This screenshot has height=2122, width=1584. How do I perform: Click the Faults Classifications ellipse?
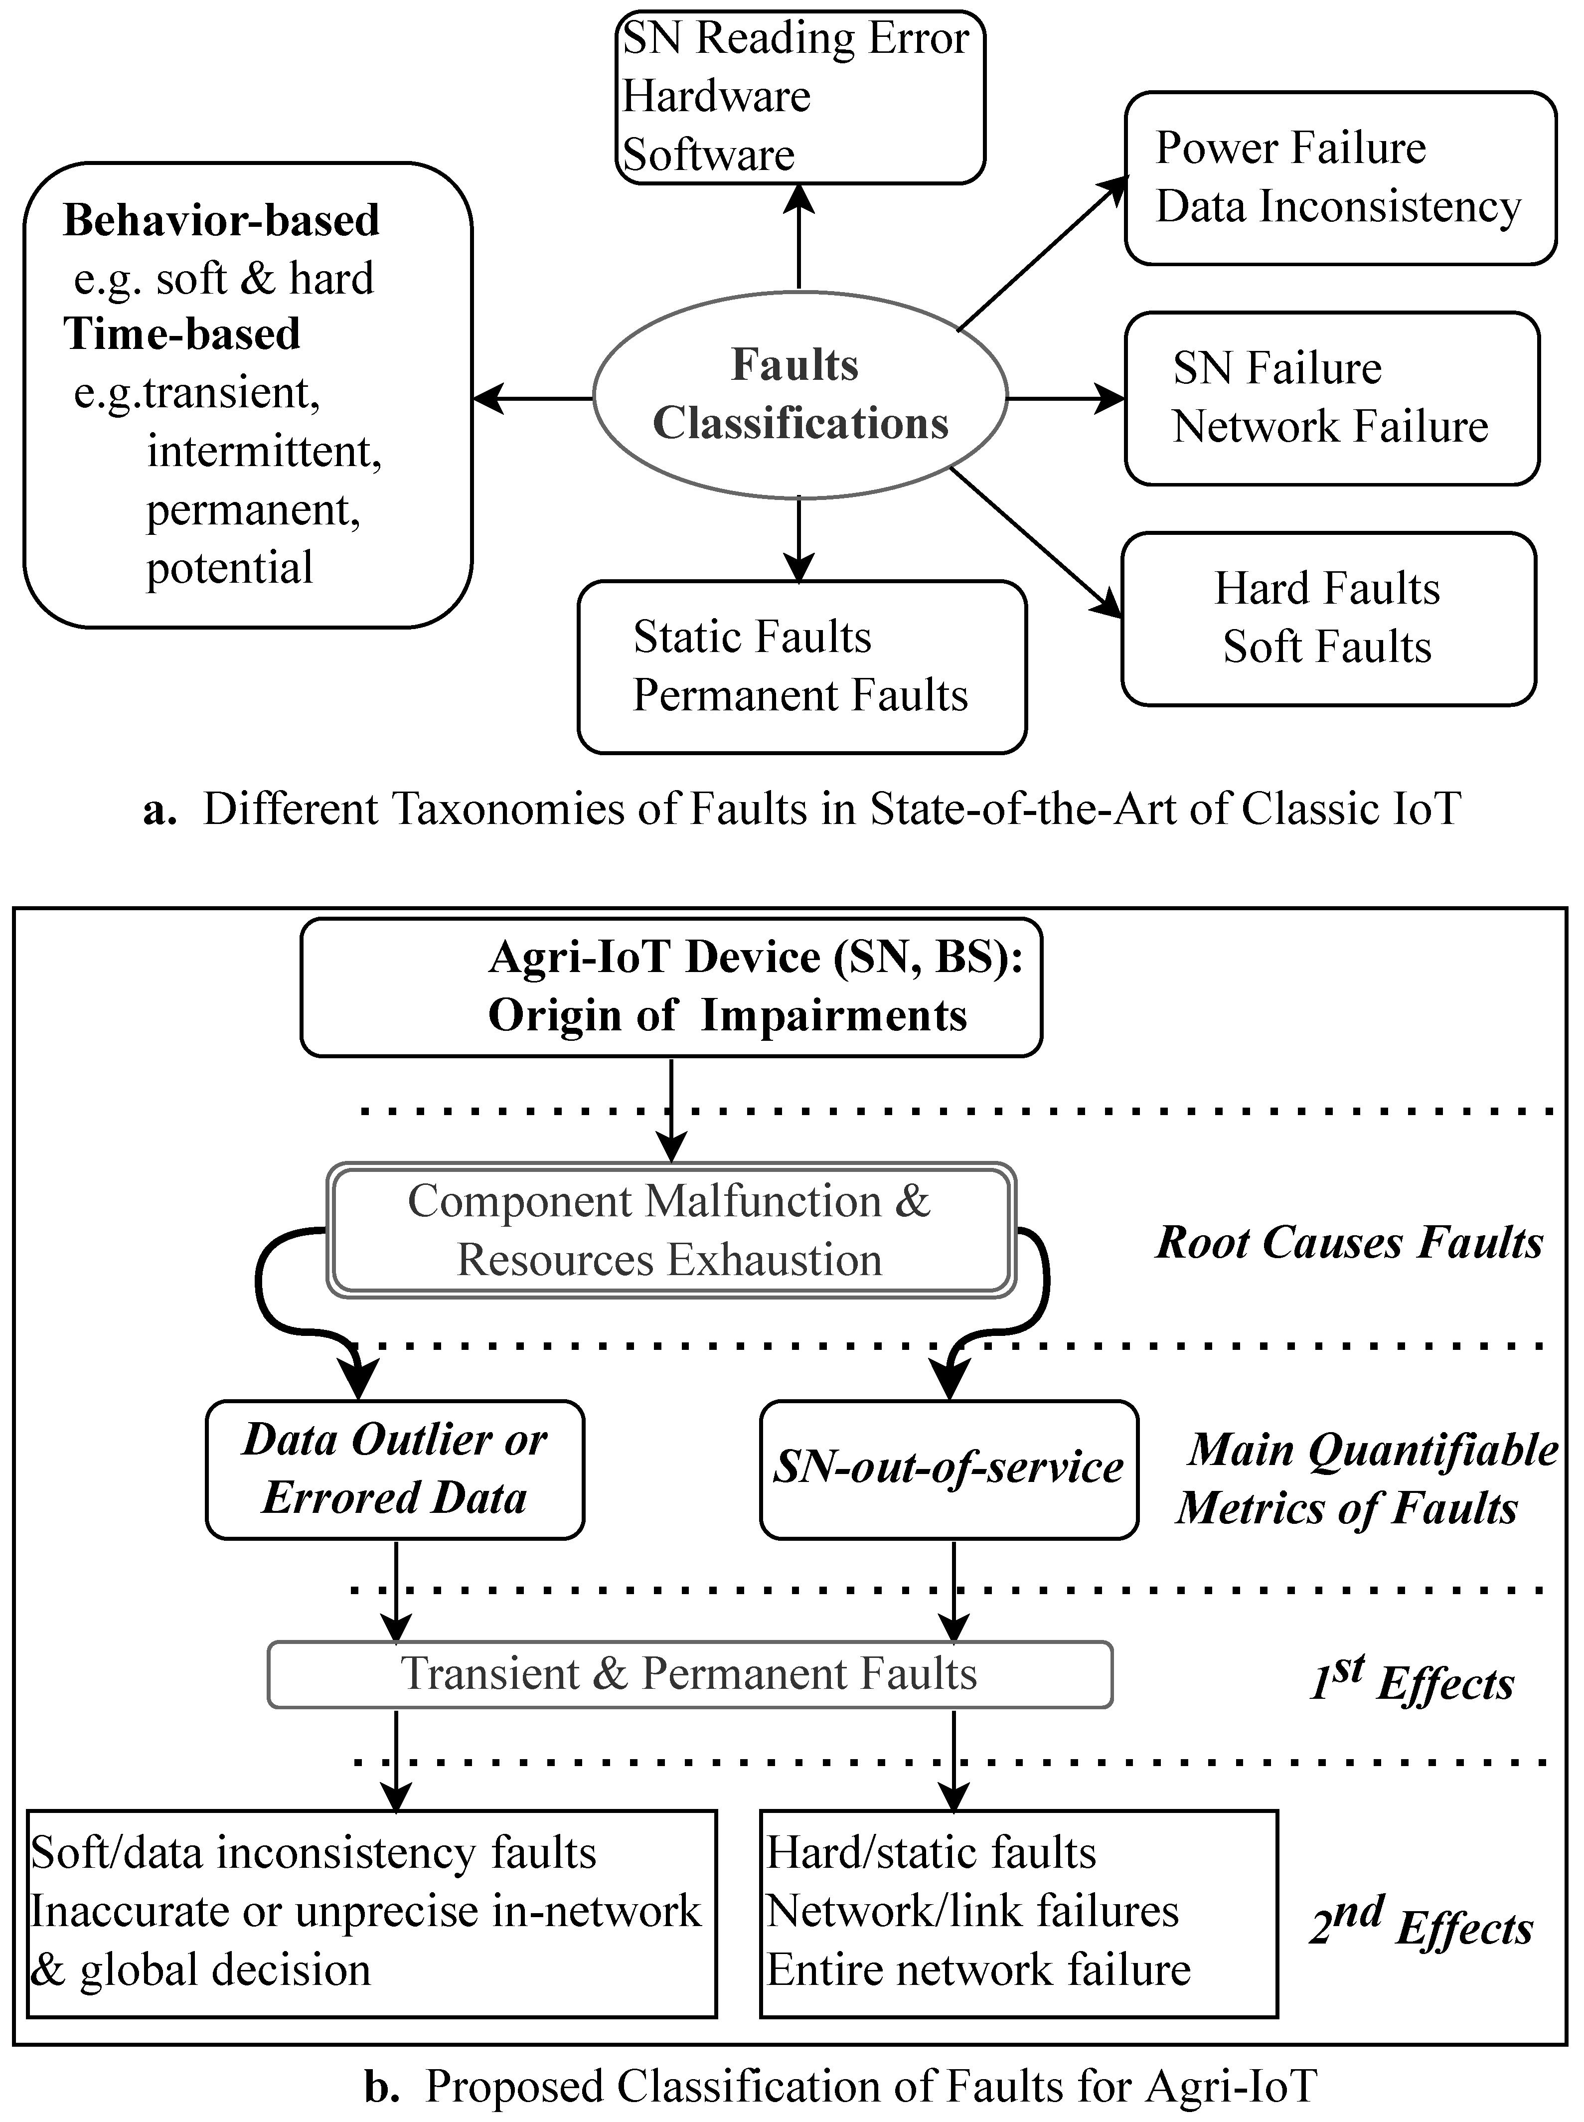[x=799, y=394]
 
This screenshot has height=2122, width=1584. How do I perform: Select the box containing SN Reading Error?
[x=799, y=96]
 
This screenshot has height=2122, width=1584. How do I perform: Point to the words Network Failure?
[x=1330, y=427]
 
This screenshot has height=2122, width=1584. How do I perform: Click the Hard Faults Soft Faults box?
[x=1328, y=619]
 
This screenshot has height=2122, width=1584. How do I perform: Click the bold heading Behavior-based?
[x=221, y=220]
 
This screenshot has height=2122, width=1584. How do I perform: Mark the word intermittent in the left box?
[x=264, y=451]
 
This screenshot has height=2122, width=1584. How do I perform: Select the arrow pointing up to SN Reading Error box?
[x=798, y=235]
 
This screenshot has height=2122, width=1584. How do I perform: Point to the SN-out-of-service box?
[x=949, y=1469]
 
